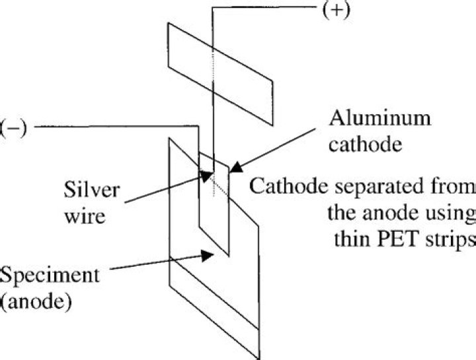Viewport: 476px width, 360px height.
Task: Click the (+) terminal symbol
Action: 337,11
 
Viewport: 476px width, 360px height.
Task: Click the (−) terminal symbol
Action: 13,128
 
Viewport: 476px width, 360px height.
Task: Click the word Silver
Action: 92,190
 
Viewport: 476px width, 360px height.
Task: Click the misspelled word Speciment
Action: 50,275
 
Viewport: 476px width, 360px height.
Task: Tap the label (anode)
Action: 36,302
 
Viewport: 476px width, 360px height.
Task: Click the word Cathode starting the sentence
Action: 288,185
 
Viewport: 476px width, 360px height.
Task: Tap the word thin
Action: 352,239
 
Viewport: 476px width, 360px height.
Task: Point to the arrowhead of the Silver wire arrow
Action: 207,176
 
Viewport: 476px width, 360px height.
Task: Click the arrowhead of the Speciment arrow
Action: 208,255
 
